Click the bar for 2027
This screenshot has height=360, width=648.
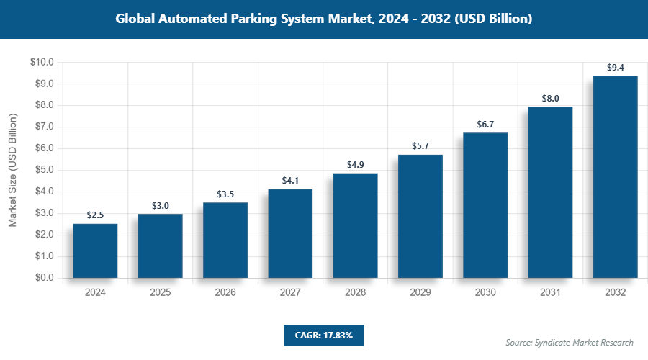click(x=290, y=233)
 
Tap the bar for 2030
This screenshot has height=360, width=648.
click(x=485, y=205)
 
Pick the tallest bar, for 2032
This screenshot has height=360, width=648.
click(x=615, y=177)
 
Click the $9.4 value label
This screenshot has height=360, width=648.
click(x=615, y=68)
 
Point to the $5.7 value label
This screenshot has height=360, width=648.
click(x=420, y=146)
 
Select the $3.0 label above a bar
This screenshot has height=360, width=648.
click(x=161, y=206)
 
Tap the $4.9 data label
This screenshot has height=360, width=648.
click(x=356, y=165)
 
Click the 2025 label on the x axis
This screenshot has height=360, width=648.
click(x=161, y=293)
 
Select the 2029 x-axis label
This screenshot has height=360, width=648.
click(x=420, y=293)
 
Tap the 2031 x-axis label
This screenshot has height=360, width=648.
click(x=550, y=293)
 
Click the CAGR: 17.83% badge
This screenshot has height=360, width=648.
click(x=323, y=336)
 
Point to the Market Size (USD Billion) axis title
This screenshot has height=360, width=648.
click(x=12, y=170)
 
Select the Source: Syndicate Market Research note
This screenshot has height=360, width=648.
click(x=570, y=342)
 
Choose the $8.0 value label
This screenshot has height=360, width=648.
click(x=550, y=98)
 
